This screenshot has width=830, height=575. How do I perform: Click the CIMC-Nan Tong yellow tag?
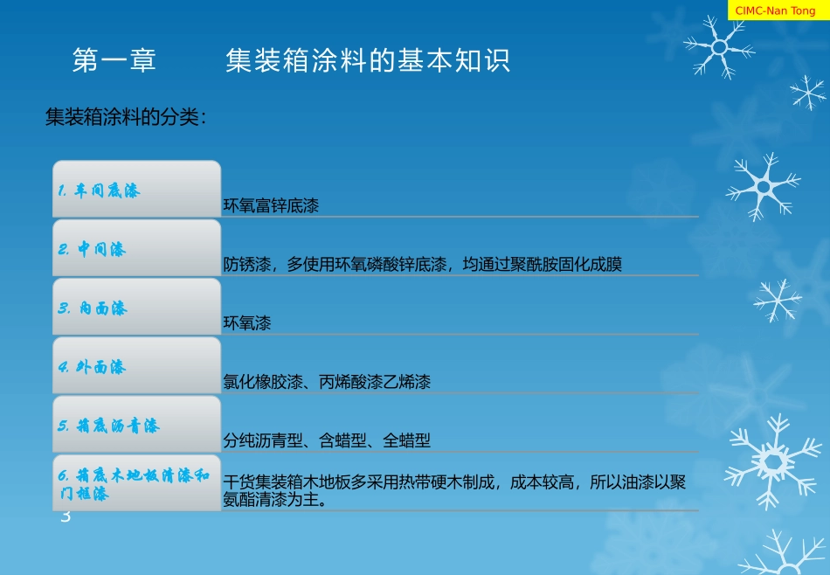[x=776, y=10]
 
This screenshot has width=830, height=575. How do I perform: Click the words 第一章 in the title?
[x=114, y=61]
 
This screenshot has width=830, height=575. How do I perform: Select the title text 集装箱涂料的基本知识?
[x=367, y=61]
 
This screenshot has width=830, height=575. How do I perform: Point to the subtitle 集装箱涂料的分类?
[x=126, y=117]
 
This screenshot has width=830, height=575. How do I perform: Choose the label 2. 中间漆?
[x=92, y=250]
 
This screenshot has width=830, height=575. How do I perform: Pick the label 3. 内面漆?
[x=93, y=308]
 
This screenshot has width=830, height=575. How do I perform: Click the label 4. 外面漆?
[x=93, y=367]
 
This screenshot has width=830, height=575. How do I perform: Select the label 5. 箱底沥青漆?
[x=109, y=426]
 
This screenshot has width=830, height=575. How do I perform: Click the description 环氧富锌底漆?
[x=271, y=206]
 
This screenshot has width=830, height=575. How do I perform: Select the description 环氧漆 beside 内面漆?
[x=247, y=323]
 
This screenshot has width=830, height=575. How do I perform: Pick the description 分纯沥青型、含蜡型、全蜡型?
[x=327, y=440]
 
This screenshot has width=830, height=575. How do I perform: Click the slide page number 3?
[x=65, y=518]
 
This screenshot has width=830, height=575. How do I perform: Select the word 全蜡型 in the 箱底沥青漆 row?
[x=407, y=440]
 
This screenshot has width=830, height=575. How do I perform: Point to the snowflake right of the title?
[x=717, y=45]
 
